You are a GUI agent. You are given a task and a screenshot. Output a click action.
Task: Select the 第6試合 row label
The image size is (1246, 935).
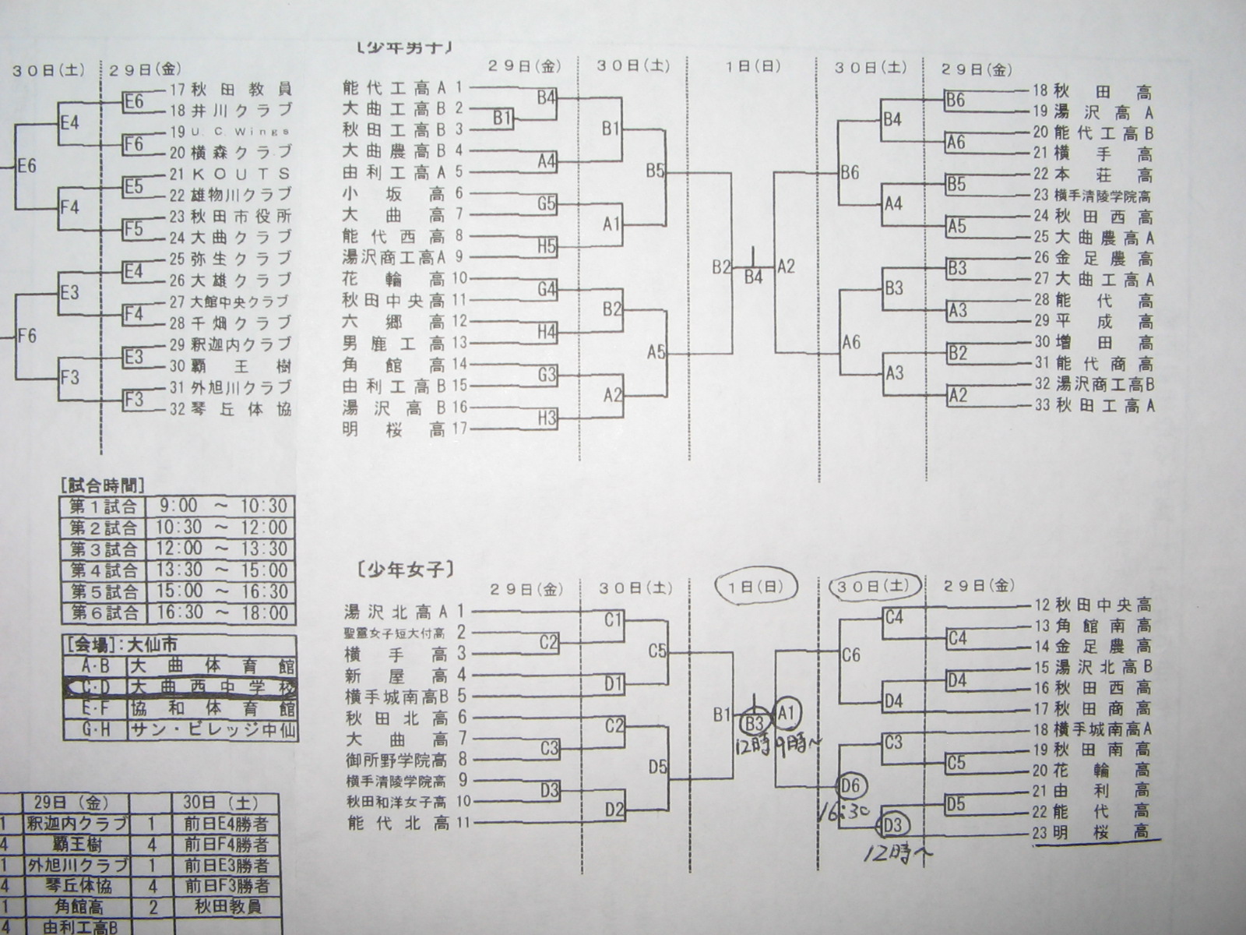(x=104, y=613)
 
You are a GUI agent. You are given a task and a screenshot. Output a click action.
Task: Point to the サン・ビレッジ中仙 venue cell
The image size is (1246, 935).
(x=213, y=730)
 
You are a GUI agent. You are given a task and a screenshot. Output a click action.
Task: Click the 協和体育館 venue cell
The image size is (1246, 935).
(x=213, y=709)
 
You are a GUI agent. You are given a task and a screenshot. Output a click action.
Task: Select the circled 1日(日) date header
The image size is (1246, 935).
(x=748, y=587)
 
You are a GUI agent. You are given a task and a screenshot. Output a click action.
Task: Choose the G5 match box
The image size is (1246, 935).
(x=547, y=204)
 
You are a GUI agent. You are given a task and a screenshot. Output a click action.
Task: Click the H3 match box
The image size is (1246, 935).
(x=547, y=418)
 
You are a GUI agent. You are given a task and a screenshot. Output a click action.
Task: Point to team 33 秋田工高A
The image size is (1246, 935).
(x=1104, y=405)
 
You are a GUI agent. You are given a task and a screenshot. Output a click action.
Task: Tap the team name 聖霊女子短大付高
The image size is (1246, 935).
(x=395, y=633)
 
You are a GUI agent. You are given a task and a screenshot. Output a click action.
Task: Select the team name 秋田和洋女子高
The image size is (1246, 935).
(x=396, y=802)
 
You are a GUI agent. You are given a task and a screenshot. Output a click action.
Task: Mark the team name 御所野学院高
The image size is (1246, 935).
(x=396, y=760)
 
